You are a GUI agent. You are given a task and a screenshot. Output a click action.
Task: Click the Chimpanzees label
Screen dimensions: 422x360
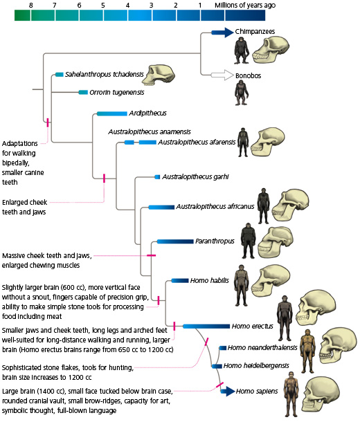(x=256, y=32)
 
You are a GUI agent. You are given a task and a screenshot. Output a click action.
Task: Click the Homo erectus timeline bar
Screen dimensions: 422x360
(x=206, y=326)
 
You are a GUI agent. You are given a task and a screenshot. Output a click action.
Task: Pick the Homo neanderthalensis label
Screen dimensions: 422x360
(x=262, y=347)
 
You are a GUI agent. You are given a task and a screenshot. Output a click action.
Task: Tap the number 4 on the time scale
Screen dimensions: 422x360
(x=127, y=5)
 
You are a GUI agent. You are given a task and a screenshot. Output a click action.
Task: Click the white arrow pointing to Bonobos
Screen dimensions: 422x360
(x=220, y=75)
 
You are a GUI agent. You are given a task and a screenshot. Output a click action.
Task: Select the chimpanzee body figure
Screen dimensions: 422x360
(x=241, y=50)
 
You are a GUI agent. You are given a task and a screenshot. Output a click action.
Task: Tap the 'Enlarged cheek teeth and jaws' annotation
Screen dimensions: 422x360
(x=33, y=207)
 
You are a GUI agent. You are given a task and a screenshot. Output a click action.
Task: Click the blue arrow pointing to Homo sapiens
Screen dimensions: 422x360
(x=226, y=391)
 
